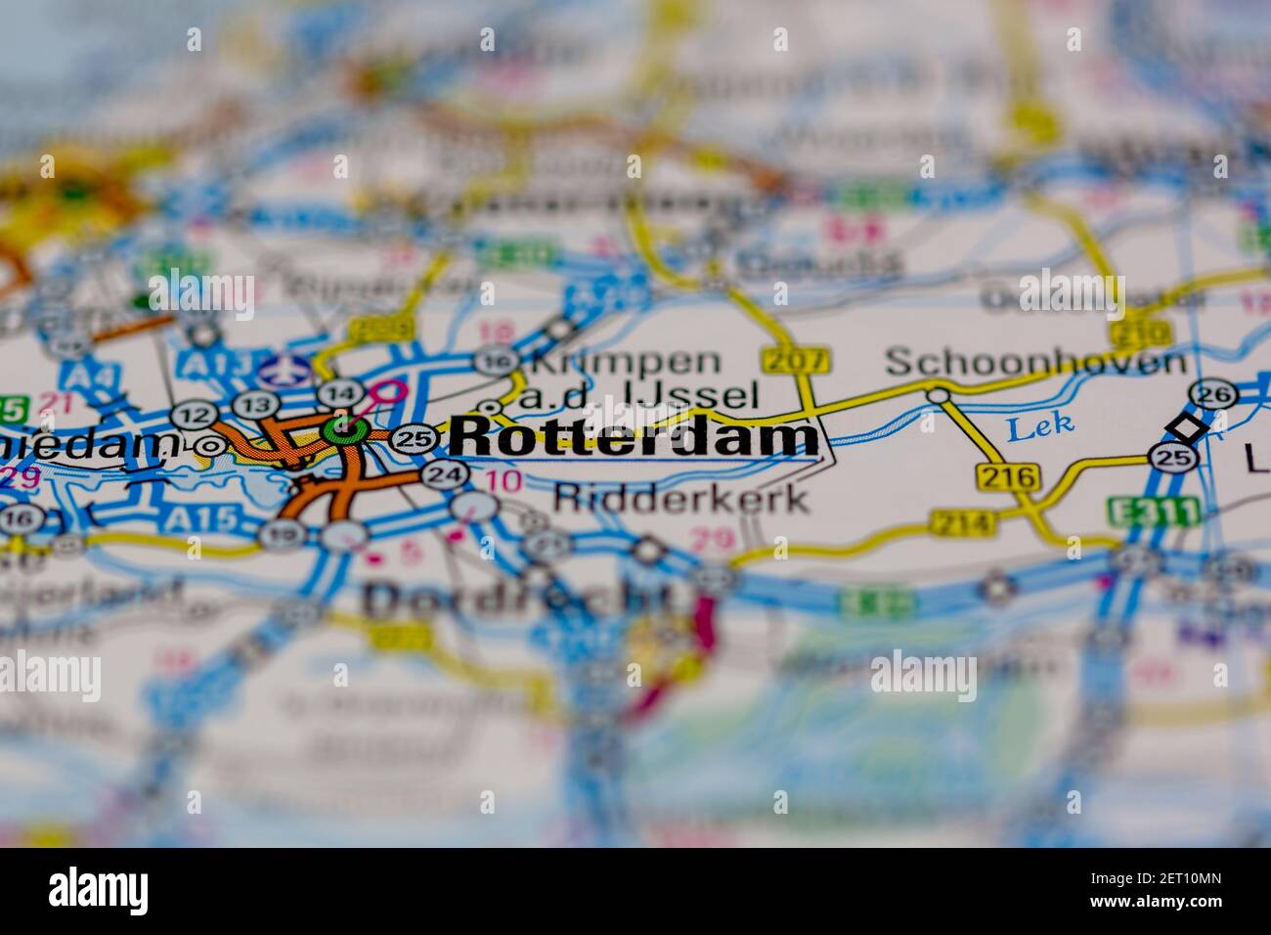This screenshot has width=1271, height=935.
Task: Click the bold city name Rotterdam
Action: coord(635,437)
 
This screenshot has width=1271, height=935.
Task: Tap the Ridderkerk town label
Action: coord(681,498)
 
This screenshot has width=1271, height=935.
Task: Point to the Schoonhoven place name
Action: coord(1034,363)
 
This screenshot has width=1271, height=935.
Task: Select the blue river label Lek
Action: coord(1040,423)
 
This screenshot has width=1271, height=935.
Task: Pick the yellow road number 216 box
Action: coord(1006,477)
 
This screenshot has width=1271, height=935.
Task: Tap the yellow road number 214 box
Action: coord(962,522)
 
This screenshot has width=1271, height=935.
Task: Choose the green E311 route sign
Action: coord(1139,512)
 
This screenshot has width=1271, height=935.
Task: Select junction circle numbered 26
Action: coord(1213,394)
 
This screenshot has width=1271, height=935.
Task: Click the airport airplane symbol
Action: coord(285,371)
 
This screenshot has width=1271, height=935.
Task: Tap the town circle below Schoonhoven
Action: coord(939,395)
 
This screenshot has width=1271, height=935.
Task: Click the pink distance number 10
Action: coord(503,480)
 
